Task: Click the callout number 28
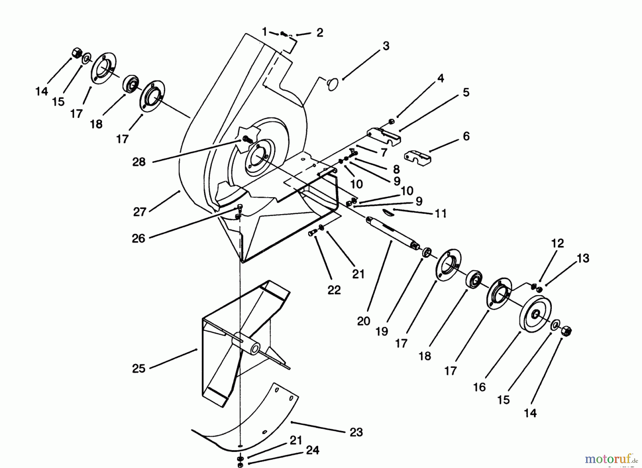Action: (x=139, y=162)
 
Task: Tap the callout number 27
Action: (x=139, y=212)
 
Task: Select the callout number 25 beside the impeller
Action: (x=139, y=368)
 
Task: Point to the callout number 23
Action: (x=356, y=432)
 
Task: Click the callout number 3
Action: (x=386, y=46)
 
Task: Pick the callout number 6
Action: (x=466, y=136)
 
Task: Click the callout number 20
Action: (x=363, y=321)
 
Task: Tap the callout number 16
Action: (x=479, y=387)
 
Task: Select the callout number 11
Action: (x=441, y=214)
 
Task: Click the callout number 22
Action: (x=334, y=290)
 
